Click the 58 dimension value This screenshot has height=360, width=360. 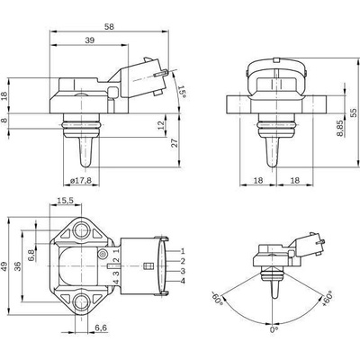click(110, 26)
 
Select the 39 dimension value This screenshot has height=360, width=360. click(89, 40)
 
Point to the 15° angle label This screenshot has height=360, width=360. click(182, 92)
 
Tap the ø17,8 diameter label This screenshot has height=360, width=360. click(80, 181)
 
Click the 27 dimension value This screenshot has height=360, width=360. click(175, 142)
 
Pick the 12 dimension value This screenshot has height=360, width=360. click(161, 125)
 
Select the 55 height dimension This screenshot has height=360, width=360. click(354, 112)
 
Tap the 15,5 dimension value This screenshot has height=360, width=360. click(66, 201)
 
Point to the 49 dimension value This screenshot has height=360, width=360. click(4, 266)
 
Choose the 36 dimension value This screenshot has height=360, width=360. click(17, 265)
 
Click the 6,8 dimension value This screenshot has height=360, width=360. click(31, 256)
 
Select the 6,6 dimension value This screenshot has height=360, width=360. click(101, 328)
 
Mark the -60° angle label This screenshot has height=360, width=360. click(218, 298)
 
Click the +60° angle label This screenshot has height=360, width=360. click(327, 299)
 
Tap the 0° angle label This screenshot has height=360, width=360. click(274, 330)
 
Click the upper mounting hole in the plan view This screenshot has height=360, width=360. click(81, 231)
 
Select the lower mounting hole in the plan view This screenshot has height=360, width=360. click(81, 302)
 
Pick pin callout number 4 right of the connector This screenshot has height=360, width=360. click(183, 281)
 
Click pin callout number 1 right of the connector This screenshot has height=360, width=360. click(183, 251)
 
